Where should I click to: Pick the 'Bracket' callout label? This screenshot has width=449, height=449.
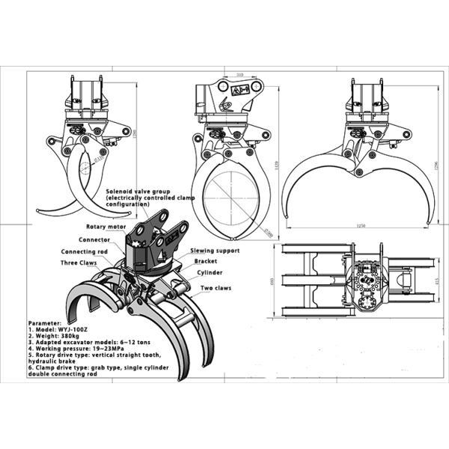206,261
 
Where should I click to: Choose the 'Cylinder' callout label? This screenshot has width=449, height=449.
210,273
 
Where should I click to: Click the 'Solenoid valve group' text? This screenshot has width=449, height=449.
138,191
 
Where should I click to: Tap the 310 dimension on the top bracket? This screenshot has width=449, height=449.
240,76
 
